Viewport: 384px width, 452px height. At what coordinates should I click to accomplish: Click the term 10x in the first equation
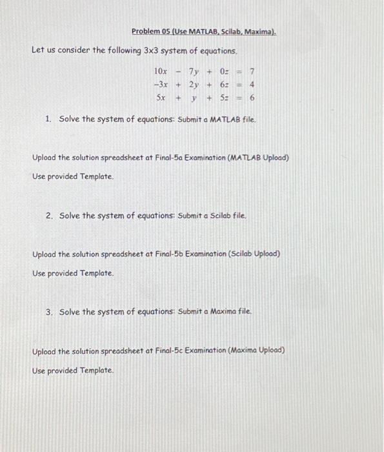pyautogui.click(x=161, y=71)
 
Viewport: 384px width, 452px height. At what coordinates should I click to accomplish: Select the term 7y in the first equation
pyautogui.click(x=194, y=71)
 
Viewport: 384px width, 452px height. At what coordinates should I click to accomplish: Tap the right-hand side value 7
pyautogui.click(x=252, y=71)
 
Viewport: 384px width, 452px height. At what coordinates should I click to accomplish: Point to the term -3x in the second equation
pyautogui.click(x=161, y=85)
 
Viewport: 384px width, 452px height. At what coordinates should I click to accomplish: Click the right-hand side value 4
pyautogui.click(x=252, y=85)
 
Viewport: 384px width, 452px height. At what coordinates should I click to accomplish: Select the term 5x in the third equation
pyautogui.click(x=162, y=98)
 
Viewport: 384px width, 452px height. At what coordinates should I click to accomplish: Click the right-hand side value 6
pyautogui.click(x=252, y=98)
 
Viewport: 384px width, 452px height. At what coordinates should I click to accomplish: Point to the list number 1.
pyautogui.click(x=48, y=119)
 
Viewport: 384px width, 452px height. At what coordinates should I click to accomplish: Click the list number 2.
pyautogui.click(x=49, y=216)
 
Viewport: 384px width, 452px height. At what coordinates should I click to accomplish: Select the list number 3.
pyautogui.click(x=49, y=312)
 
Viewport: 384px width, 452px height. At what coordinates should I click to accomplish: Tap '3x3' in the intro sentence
pyautogui.click(x=154, y=50)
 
